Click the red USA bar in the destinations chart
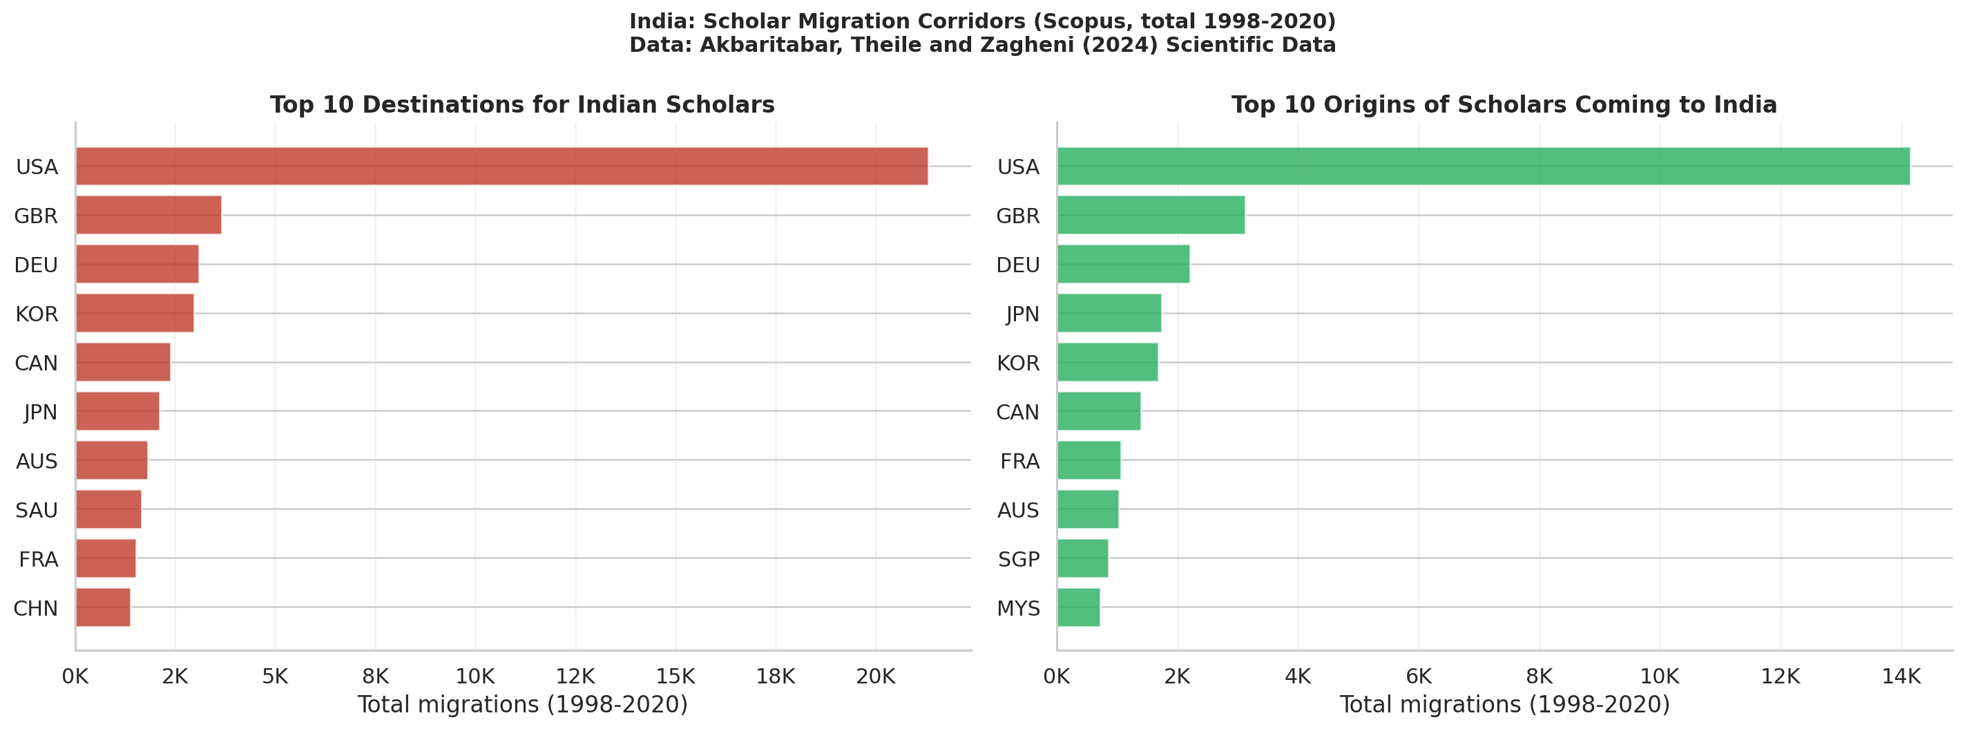pos(501,166)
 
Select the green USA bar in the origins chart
pos(1483,166)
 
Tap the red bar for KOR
pos(134,313)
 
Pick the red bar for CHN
pos(103,607)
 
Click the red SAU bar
pos(108,509)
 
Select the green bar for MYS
pos(1078,607)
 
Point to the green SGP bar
pos(1082,558)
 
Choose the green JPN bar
pos(1109,313)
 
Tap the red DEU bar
pos(137,264)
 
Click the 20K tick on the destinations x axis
pos(875,676)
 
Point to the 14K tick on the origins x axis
pos(1900,676)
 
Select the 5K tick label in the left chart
pos(275,676)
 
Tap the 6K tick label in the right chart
pos(1418,676)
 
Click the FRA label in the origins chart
pos(1019,461)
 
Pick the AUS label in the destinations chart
pos(37,461)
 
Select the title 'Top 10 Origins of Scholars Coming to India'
pos(1504,104)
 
